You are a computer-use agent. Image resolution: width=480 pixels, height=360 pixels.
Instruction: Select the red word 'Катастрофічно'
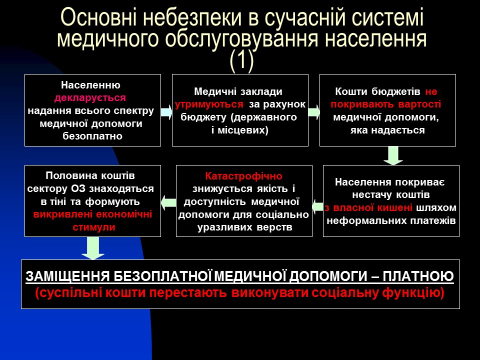[x=243, y=176]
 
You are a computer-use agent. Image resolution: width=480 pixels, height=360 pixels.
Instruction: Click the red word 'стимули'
[x=92, y=227]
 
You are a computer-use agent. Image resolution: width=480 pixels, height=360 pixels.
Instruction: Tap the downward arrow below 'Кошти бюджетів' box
[x=393, y=155]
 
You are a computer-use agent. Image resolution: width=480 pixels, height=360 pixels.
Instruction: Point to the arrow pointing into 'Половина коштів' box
[x=168, y=201]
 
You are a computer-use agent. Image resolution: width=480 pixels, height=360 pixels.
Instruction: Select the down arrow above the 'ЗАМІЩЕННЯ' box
[x=93, y=248]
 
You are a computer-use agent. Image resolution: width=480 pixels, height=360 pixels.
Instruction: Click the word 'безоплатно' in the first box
[x=92, y=135]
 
